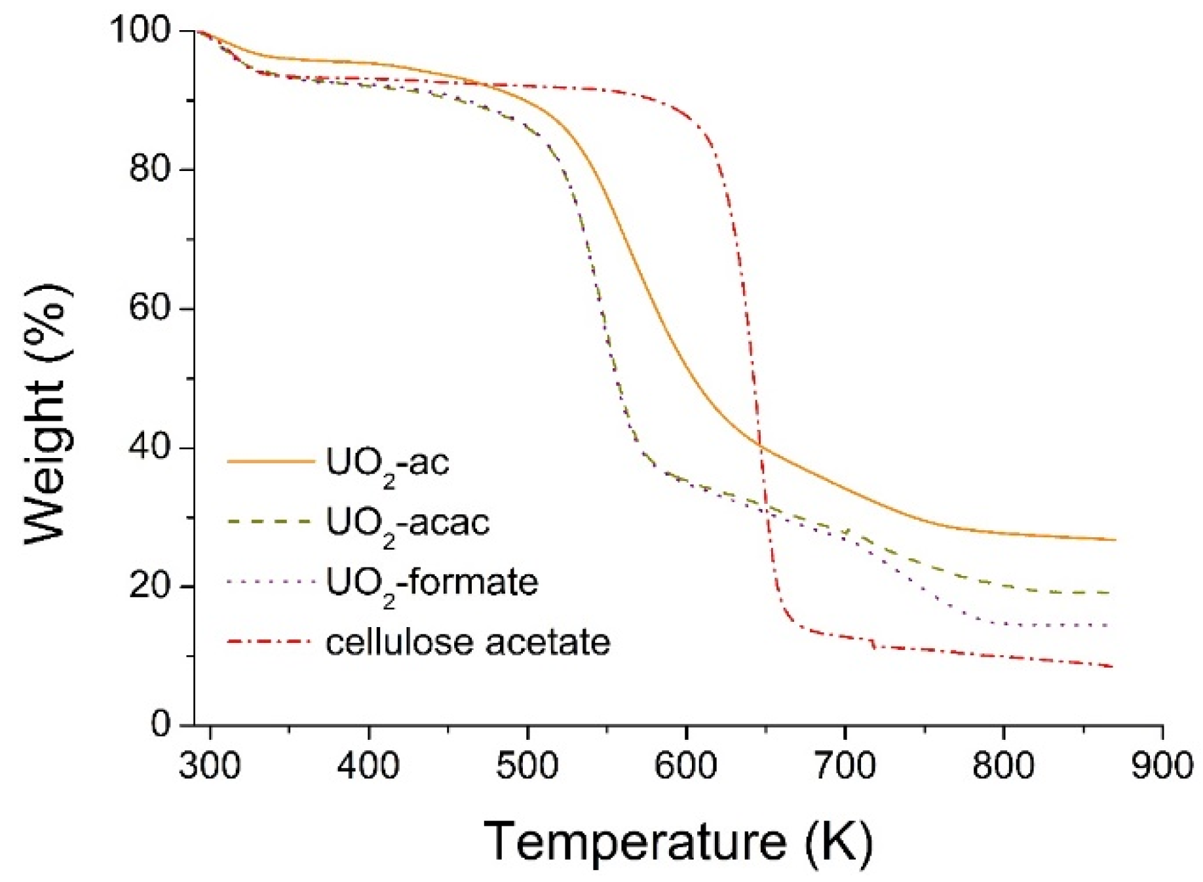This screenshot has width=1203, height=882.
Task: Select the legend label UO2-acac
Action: point(408,523)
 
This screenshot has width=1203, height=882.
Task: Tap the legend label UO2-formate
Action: point(432,582)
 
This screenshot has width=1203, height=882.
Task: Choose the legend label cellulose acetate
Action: point(468,642)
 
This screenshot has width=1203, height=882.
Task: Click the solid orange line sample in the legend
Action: point(271,462)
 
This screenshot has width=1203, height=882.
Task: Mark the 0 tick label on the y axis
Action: point(161,725)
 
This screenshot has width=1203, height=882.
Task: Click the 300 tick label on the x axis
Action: point(210,765)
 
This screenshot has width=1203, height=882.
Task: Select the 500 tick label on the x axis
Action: point(527,765)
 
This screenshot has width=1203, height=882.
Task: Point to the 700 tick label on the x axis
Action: point(845,765)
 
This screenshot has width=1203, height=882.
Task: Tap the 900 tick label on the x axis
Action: point(1162,765)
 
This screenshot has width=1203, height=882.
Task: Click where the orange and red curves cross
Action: point(759,446)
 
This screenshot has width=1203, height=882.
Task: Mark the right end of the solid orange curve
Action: point(1115,540)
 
